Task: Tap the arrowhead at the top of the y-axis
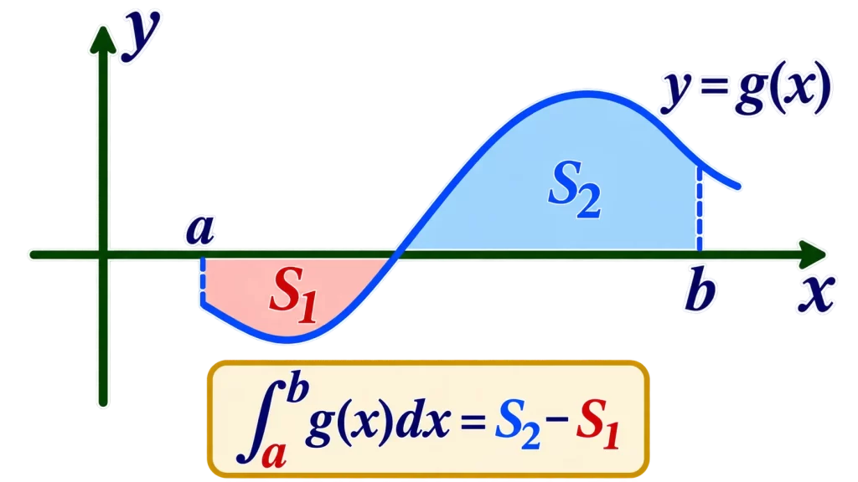coord(103,40)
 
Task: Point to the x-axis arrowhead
coord(812,254)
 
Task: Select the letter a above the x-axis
coord(199,230)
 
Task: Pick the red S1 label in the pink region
coord(292,295)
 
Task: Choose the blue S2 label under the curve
coord(574,190)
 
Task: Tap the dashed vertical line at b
coord(700,208)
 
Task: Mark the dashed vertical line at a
coord(203,279)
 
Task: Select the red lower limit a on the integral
coord(274,453)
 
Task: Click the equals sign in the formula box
coord(473,422)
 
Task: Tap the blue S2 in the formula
coord(517,423)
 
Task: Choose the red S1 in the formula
coord(597,423)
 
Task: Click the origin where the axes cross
coord(103,254)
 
